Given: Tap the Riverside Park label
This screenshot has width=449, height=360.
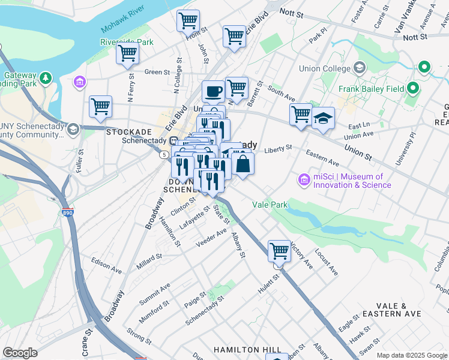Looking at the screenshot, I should coord(127,43).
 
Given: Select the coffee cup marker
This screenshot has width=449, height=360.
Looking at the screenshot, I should coord(213,92).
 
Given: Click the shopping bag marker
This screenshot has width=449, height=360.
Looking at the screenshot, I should coord(243,164).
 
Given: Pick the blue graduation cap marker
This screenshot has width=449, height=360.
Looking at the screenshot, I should coord(323,118).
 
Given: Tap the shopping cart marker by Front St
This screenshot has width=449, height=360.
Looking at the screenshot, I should coord(188,21).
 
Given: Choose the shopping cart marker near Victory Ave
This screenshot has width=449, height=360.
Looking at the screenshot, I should coord(279,251).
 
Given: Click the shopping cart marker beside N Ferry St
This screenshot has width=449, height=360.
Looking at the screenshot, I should coord(128,53).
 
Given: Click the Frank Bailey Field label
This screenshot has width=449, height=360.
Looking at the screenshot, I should coord(369,89).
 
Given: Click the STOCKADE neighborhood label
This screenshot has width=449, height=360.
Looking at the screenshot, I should coord(128,131).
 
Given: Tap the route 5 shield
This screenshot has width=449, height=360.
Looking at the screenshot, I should coord(164,155).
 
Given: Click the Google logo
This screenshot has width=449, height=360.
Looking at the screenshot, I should coord(20,352).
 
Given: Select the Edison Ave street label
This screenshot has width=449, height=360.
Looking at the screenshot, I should coord(106,261).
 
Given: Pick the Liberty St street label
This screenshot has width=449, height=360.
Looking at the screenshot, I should coord(278,148).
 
